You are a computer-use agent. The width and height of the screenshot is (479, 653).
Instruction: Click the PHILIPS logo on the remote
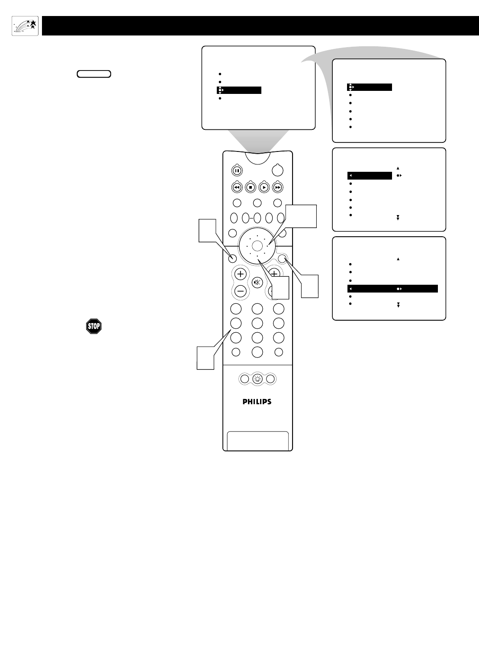(257, 402)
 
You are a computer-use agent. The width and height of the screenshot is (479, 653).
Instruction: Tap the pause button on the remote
(237, 170)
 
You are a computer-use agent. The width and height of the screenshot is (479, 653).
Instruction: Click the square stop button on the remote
(250, 188)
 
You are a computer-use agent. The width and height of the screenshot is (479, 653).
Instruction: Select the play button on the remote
(264, 188)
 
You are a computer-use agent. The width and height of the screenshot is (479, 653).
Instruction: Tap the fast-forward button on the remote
(277, 188)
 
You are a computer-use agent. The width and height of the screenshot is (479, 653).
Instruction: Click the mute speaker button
(257, 283)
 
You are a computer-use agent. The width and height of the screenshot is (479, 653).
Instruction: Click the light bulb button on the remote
(257, 379)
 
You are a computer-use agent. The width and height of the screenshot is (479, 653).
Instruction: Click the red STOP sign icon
(94, 326)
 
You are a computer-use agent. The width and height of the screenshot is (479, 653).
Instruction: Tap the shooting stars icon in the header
(25, 26)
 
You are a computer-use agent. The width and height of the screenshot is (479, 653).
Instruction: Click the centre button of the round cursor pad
(257, 246)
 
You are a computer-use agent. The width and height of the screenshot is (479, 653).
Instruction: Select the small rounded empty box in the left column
(94, 74)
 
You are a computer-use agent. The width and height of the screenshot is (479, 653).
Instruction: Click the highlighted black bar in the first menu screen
(239, 90)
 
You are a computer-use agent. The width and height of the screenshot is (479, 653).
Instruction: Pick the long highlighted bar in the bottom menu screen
(392, 289)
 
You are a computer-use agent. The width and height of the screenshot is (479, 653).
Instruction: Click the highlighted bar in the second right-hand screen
(370, 176)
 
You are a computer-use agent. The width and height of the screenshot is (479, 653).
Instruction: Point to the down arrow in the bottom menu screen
(398, 305)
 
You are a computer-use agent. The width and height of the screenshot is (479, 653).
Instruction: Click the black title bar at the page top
(260, 26)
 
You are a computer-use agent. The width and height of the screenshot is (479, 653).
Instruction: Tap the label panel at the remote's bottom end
(257, 441)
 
